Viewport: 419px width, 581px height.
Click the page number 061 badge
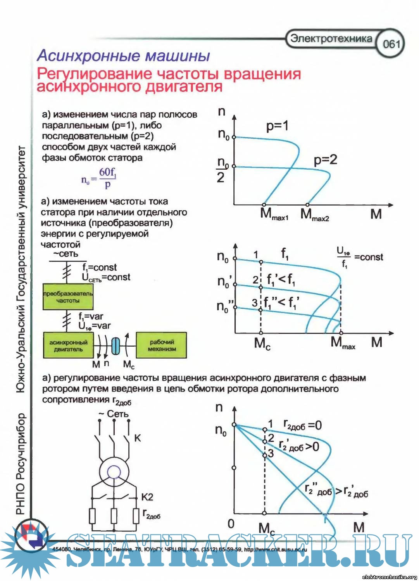391,43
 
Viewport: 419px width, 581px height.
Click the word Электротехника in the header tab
331,38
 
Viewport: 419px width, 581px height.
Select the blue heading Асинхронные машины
123,56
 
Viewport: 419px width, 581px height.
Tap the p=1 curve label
277,126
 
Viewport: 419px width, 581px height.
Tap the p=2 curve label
325,160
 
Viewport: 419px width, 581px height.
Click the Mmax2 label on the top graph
314,215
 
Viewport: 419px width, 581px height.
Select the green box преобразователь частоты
68,297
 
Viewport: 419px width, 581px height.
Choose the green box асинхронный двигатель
68,346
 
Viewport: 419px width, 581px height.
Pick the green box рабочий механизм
162,345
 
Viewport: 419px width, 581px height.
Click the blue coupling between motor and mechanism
116,346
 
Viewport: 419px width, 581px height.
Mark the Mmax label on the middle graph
343,343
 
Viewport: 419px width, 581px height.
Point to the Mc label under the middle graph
262,344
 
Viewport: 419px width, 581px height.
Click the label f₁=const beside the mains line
99,267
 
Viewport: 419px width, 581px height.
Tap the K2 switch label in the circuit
147,497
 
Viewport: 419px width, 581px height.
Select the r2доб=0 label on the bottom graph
302,426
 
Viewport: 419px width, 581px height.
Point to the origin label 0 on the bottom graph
231,524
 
